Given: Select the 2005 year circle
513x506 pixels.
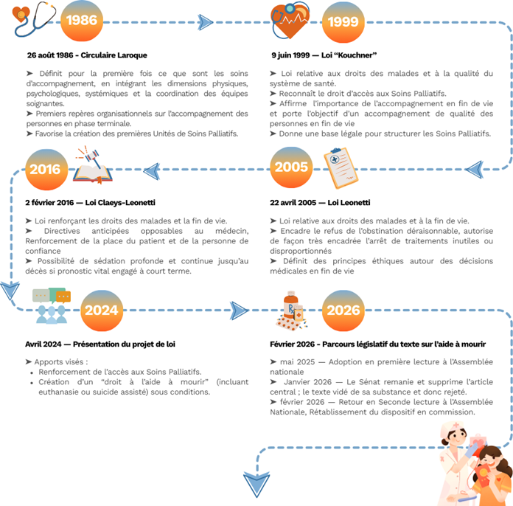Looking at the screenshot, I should click(x=291, y=168).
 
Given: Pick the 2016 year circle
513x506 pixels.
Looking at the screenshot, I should click(x=45, y=170).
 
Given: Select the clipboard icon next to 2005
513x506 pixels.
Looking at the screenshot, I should click(x=341, y=167).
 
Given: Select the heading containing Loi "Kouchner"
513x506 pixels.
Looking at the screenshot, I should click(x=324, y=55).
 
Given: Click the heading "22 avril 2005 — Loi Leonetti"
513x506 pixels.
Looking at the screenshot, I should click(x=321, y=202).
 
